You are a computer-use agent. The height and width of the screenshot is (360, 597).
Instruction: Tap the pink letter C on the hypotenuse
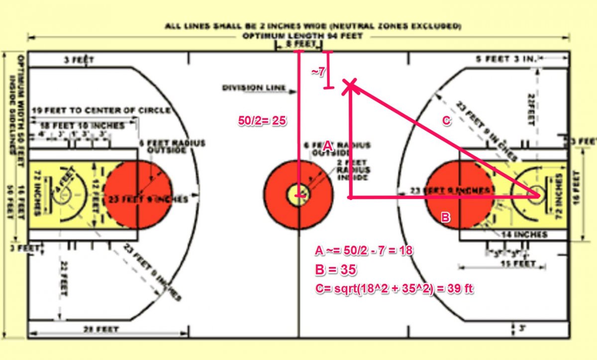[x=446, y=121]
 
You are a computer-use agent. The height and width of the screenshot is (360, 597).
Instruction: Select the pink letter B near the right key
[x=446, y=217]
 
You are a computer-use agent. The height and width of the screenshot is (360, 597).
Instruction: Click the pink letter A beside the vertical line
[x=327, y=146]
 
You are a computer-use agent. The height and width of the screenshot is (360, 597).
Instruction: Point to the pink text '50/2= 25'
[x=263, y=120]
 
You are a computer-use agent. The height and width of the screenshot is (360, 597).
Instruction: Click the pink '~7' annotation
[x=318, y=72]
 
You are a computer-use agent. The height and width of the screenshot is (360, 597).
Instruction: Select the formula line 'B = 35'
[x=336, y=269]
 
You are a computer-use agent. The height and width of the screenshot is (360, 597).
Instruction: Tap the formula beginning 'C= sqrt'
[x=394, y=288]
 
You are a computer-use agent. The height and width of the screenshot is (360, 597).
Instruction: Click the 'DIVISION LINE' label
[x=254, y=88]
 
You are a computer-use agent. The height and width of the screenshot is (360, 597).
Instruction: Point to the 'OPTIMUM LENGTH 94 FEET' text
[x=302, y=36]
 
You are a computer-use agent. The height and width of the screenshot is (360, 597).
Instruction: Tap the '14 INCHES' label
[x=525, y=234]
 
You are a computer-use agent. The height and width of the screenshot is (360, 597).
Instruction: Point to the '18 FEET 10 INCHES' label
[x=82, y=125]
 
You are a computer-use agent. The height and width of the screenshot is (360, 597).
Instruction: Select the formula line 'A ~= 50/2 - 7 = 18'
[x=364, y=250]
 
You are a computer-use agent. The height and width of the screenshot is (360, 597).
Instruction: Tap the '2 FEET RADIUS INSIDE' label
[x=353, y=170]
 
